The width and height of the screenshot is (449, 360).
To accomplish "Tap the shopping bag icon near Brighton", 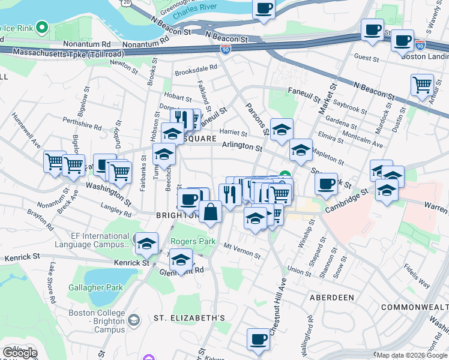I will (x=210, y=212).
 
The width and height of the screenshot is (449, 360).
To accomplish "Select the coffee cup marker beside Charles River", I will (x=263, y=9).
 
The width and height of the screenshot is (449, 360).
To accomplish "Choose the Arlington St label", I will (x=242, y=146).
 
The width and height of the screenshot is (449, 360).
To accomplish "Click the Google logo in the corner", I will (x=20, y=352).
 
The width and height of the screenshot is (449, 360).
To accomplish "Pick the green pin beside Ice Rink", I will (x=42, y=27).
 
